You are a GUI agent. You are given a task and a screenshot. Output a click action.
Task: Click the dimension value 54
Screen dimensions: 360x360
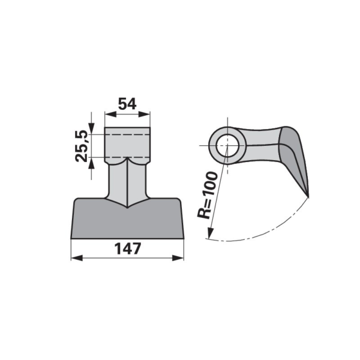coord(127,104)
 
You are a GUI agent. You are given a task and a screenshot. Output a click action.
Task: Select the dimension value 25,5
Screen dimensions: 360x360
coord(82,146)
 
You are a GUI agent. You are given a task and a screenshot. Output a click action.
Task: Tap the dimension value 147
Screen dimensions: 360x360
coord(127,249)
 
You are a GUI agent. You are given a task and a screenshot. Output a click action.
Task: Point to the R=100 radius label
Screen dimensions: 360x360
coord(207,195)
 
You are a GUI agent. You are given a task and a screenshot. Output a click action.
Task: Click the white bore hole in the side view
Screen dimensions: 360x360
coord(227,145)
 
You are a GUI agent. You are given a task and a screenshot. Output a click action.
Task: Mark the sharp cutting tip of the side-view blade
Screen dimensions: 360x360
coord(308,197)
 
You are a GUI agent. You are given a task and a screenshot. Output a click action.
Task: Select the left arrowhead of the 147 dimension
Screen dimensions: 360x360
coord(77,258)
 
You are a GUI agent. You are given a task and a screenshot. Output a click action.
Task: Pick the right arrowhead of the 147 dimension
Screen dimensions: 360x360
coord(178,258)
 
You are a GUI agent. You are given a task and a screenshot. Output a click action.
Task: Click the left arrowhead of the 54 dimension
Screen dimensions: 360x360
coord(110,114)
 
